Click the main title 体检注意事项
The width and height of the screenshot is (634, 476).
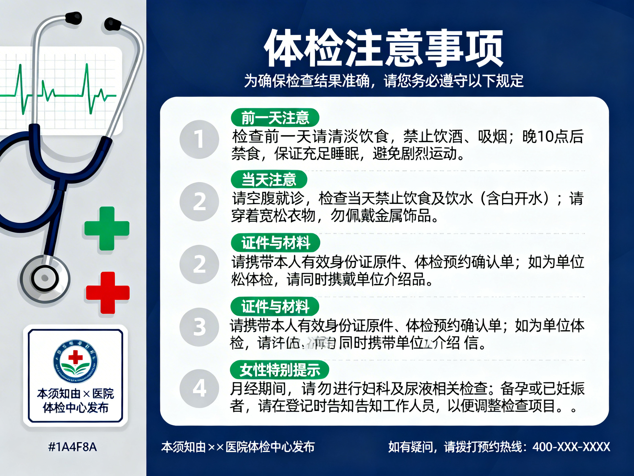[384, 48]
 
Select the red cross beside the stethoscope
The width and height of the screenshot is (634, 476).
[108, 293]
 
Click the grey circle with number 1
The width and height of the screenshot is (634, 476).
[199, 139]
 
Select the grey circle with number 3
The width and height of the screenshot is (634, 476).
[199, 327]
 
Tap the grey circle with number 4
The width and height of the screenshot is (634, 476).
[199, 388]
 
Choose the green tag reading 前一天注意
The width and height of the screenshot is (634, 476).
[275, 118]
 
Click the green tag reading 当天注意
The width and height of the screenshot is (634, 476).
[269, 180]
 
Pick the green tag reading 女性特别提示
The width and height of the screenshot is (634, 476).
[280, 370]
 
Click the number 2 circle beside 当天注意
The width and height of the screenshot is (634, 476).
[199, 202]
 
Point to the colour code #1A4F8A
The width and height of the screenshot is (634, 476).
[73, 447]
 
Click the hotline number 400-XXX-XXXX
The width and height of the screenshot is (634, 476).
[571, 447]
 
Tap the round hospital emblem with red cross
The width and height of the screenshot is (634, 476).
[75, 361]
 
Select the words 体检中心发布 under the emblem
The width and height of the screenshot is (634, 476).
[76, 408]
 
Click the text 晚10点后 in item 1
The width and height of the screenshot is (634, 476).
[553, 137]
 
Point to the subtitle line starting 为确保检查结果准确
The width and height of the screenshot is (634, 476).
[384, 81]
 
